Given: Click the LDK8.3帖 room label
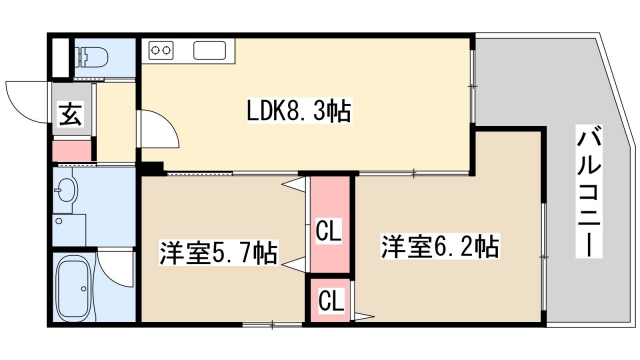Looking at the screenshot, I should [298, 113].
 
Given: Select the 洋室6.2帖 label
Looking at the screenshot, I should [439, 244].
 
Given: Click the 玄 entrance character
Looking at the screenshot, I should [70, 114].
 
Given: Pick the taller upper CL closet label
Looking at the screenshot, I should [329, 232].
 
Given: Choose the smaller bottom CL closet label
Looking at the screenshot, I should [329, 299].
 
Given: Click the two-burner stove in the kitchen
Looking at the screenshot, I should [161, 49].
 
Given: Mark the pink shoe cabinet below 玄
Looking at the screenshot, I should [71, 151].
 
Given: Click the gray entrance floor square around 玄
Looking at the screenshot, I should [71, 114].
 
